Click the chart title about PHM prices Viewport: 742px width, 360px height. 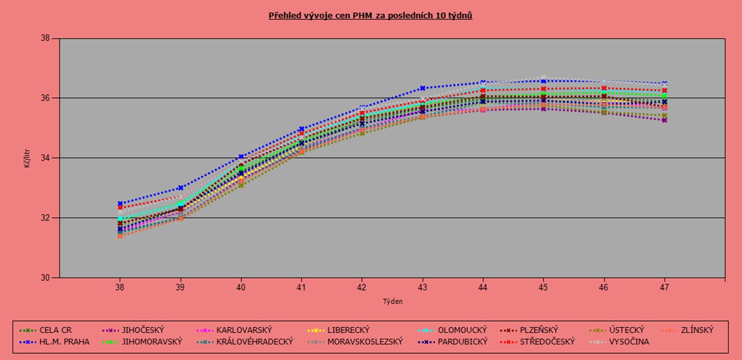pyautogui.click(x=370, y=15)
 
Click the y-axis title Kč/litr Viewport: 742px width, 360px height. pyautogui.click(x=27, y=158)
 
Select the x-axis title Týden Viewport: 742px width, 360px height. pyautogui.click(x=392, y=301)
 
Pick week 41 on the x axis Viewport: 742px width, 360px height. pyautogui.click(x=301, y=287)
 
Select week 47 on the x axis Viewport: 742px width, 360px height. pyautogui.click(x=664, y=287)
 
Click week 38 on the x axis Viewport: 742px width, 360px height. pyautogui.click(x=120, y=287)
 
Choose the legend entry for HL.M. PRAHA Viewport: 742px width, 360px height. pyautogui.click(x=65, y=342)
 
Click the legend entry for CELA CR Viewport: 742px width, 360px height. pyautogui.click(x=56, y=330)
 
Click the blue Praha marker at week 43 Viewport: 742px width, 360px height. pyautogui.click(x=422, y=88)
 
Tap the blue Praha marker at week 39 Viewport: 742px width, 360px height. pyautogui.click(x=180, y=188)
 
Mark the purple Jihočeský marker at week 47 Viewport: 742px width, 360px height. pyautogui.click(x=664, y=120)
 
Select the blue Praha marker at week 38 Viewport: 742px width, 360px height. pyautogui.click(x=120, y=204)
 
